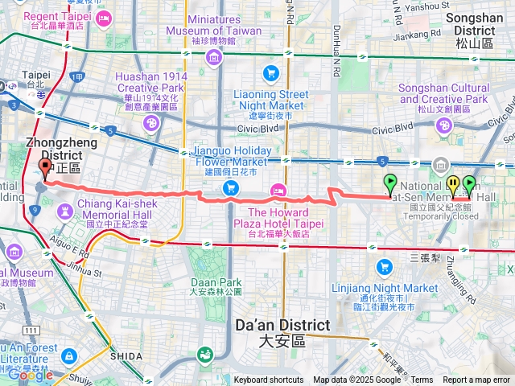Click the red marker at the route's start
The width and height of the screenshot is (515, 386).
click(x=44, y=168)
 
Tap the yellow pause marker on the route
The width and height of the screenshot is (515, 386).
click(x=453, y=184)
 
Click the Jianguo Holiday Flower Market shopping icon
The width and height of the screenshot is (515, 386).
click(x=231, y=188)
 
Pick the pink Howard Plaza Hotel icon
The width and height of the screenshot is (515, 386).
click(x=278, y=190)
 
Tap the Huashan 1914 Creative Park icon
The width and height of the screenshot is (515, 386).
click(x=150, y=123)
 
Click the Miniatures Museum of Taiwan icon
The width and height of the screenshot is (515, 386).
click(x=213, y=56)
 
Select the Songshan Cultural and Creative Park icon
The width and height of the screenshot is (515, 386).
click(x=444, y=125)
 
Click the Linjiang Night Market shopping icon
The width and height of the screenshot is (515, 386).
click(x=385, y=266)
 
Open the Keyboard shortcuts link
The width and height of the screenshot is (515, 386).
click(x=269, y=380)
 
